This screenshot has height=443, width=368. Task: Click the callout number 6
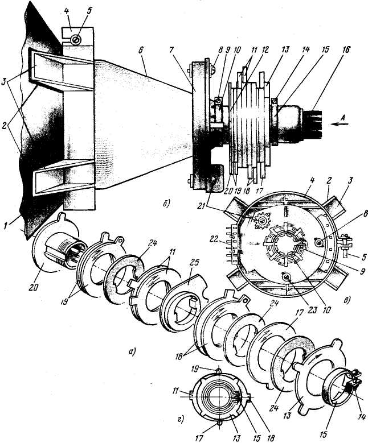[x=141, y=51]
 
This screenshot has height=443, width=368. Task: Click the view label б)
[x=166, y=205]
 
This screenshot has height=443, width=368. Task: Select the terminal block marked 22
[x=234, y=244]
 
